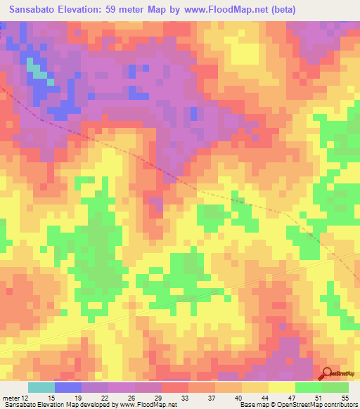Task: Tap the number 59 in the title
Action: point(122,10)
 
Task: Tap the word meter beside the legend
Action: point(11,398)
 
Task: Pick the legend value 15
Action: point(51,398)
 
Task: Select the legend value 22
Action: point(105,398)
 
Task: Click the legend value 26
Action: point(131,398)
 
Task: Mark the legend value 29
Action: point(158,398)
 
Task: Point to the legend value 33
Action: point(185,398)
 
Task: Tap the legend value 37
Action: point(212,398)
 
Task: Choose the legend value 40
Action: point(238,398)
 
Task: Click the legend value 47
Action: point(292,398)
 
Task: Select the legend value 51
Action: point(319,398)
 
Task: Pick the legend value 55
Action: point(345,398)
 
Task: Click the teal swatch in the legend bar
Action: point(41,387)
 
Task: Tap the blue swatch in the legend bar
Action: point(68,387)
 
